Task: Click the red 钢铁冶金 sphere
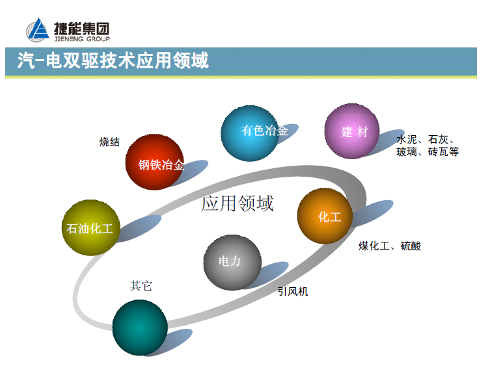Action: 155,162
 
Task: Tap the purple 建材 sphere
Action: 352,131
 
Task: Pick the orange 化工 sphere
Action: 325,216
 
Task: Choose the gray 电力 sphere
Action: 232,262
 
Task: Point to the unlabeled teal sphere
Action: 140,327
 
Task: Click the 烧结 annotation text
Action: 109,142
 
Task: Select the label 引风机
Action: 293,292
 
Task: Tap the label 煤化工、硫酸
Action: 390,246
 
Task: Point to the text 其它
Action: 141,285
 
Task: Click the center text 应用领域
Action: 237,203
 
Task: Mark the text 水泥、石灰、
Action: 426,140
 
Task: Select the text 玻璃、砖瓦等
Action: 427,152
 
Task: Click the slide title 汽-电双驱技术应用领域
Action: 113,61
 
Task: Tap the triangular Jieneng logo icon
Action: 38,30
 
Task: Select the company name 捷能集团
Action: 81,27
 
